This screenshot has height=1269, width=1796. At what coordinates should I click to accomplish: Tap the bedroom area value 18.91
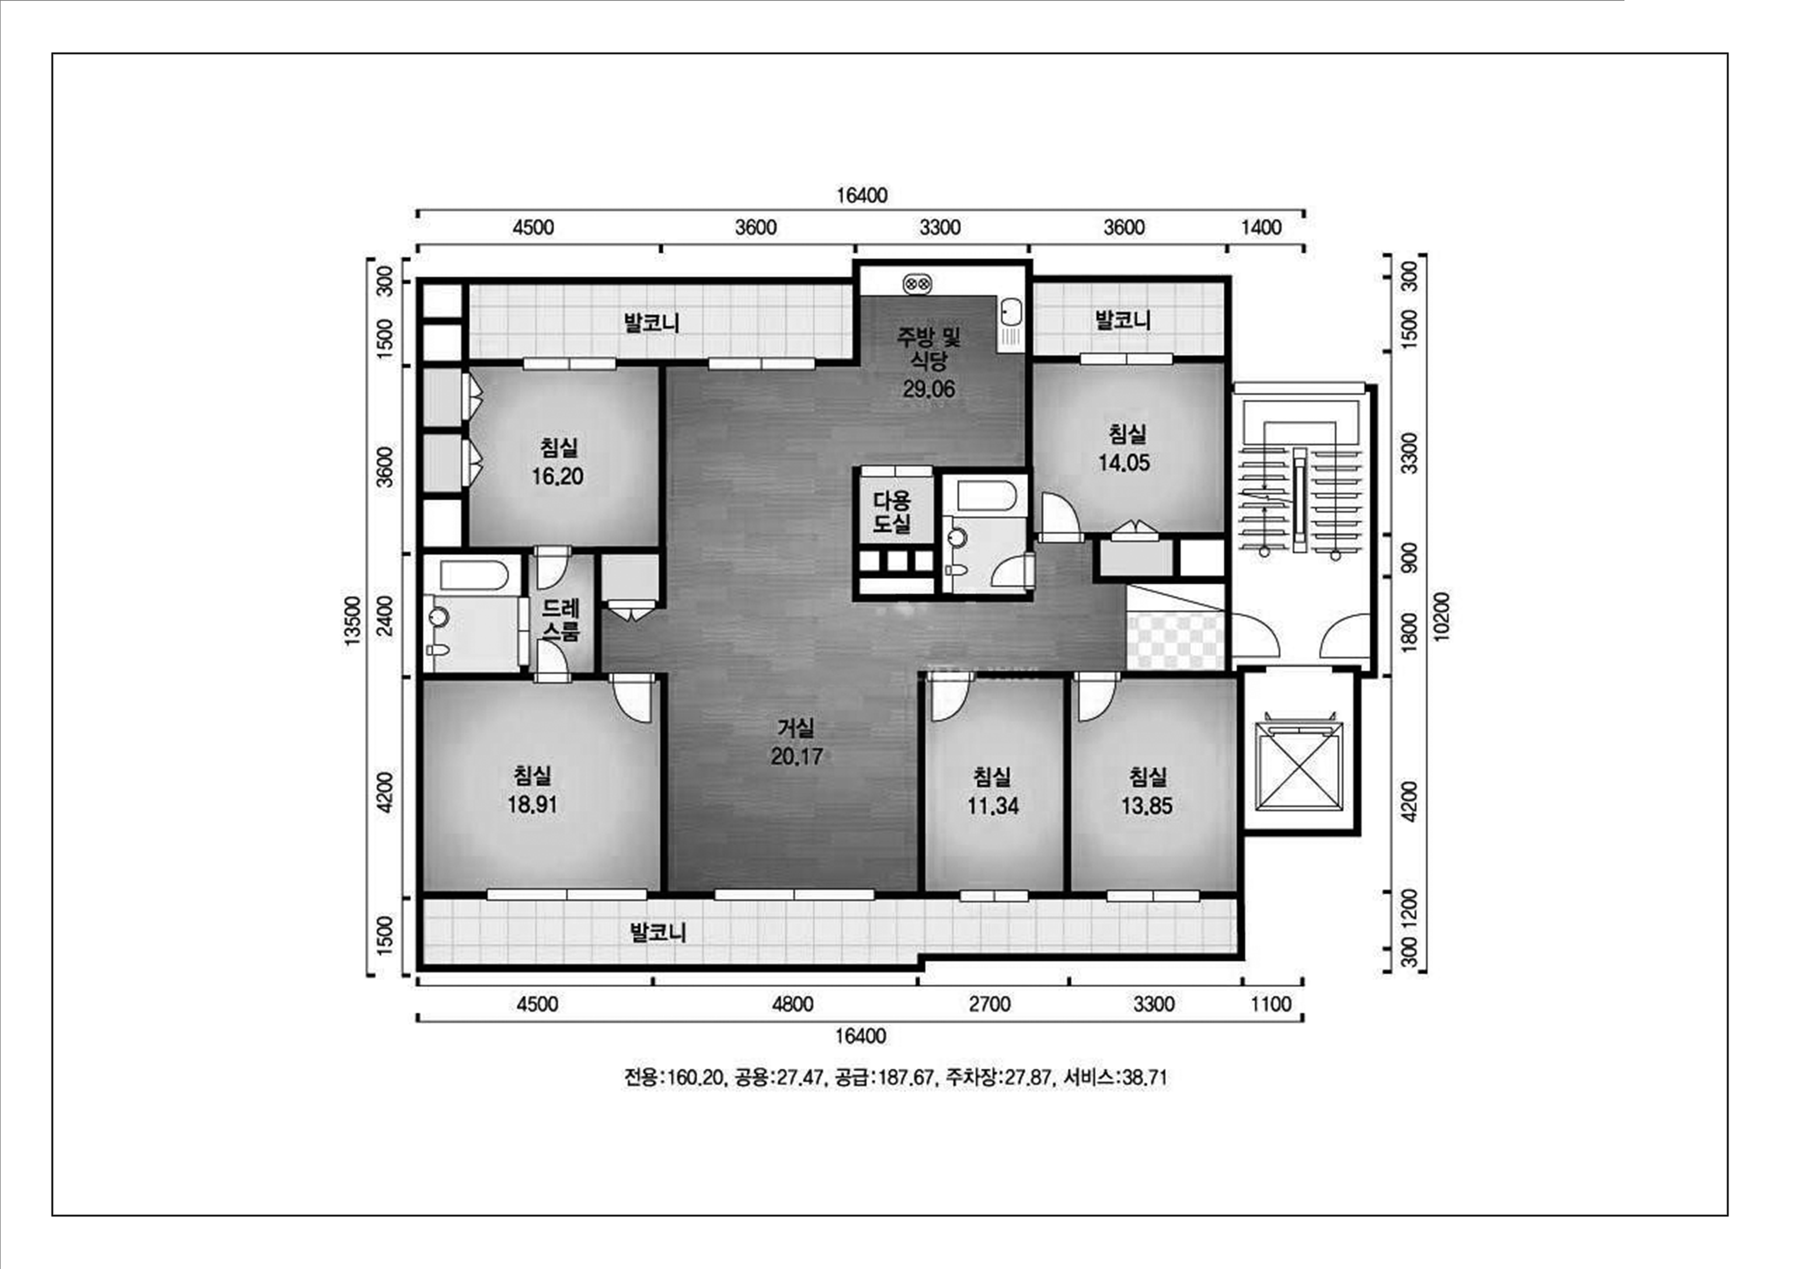click(533, 805)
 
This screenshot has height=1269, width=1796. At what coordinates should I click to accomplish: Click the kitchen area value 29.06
click(929, 389)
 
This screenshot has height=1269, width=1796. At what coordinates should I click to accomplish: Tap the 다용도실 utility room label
click(892, 512)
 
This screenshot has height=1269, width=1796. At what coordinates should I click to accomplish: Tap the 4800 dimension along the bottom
click(793, 1003)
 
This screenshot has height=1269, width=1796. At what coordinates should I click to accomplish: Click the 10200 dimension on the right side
click(1442, 617)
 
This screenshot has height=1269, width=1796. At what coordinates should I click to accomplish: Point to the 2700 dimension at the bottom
click(989, 1003)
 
